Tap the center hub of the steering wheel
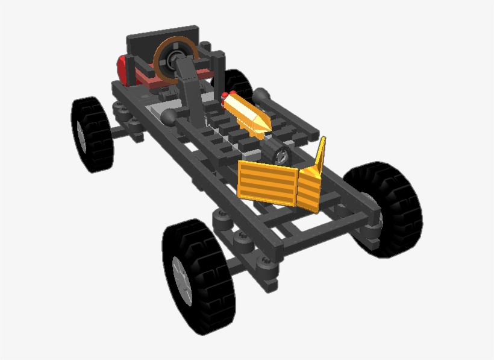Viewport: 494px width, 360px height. [177, 58]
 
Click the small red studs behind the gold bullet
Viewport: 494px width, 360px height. [225, 95]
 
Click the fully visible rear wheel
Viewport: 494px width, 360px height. [92, 134]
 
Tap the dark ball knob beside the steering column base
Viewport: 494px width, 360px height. [169, 115]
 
